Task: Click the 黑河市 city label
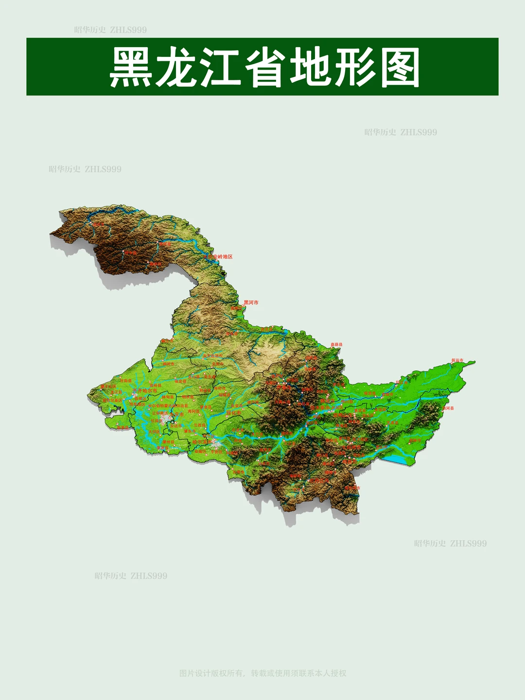(x=251, y=302)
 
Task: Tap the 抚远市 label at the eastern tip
(x=457, y=361)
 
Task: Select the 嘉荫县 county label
(x=336, y=345)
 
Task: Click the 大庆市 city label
(x=176, y=414)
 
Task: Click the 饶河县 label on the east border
(x=448, y=408)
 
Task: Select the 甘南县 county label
(x=126, y=381)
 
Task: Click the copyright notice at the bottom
(x=262, y=673)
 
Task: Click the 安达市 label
(x=175, y=425)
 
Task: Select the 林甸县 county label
(x=168, y=397)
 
